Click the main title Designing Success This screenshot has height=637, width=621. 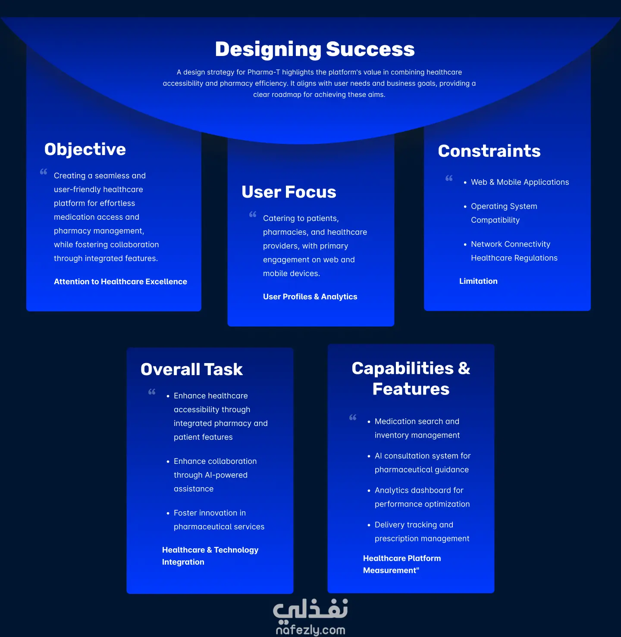coord(314,50)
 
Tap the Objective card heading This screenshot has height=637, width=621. coord(85,149)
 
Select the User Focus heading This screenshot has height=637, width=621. coord(289,192)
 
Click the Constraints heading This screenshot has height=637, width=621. coord(489,151)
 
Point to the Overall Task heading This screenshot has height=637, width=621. coord(192,369)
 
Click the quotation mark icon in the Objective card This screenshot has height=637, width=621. coord(44,172)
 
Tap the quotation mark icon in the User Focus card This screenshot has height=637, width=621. coord(253,214)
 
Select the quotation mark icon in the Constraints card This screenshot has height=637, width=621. coord(449,178)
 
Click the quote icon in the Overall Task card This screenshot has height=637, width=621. coord(152,392)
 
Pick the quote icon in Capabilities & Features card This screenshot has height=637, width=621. coord(353,417)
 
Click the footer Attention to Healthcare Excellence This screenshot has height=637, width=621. coord(120,282)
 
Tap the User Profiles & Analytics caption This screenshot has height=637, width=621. coord(310,297)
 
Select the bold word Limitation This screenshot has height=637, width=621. coord(478,281)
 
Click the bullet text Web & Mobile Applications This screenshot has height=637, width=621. coord(520,182)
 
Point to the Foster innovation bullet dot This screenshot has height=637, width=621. coord(168,513)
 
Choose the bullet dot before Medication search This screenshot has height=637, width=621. coord(369,422)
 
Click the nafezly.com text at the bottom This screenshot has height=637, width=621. coord(310,630)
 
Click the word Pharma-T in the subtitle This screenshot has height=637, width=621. coord(263,72)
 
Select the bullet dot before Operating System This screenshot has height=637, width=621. coord(465,207)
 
